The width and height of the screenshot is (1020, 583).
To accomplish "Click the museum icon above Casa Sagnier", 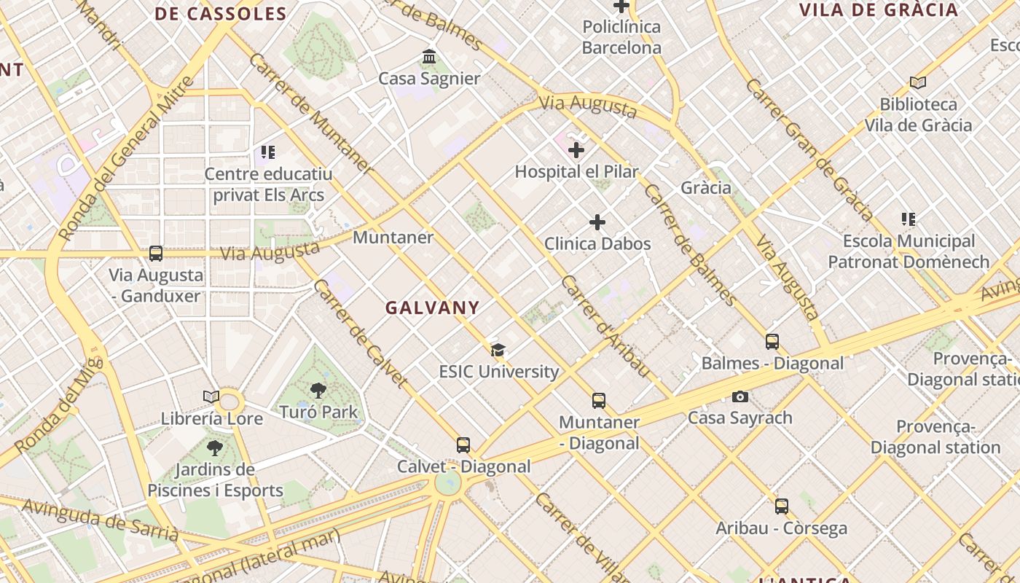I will pos(428,57).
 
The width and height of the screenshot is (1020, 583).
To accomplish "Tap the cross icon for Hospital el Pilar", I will pos(576,151).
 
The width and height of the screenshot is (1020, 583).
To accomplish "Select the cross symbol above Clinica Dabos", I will pos(597,222).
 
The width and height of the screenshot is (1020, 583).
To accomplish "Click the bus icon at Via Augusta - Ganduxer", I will pos(155,254).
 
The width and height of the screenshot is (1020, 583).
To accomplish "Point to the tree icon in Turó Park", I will pos(318,391).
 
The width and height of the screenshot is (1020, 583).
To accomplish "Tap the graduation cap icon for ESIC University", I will pos(498,351).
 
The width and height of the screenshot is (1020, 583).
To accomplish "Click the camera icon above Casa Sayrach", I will pos(740,396).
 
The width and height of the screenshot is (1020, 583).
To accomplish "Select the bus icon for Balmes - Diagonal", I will pos(772,341).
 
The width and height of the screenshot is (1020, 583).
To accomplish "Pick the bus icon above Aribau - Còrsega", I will pos(782,506).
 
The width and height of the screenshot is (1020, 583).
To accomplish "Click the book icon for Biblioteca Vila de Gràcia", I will pos(918,82).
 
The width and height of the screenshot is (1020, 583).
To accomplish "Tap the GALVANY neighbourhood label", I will pos(432,308).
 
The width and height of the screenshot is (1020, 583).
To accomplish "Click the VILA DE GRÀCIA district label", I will pos(878,10).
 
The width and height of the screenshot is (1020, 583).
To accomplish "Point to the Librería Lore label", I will pos(212,418).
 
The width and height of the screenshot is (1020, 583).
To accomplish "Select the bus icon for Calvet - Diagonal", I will pos(463,445).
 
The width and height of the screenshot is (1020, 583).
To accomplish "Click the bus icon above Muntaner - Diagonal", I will pos(599,400).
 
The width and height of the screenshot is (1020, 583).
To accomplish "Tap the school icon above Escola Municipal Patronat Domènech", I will pos(908,219).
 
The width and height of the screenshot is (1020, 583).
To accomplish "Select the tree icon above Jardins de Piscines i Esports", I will pos(214,447).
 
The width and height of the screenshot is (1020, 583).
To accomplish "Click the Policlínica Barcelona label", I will pos(621,37).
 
